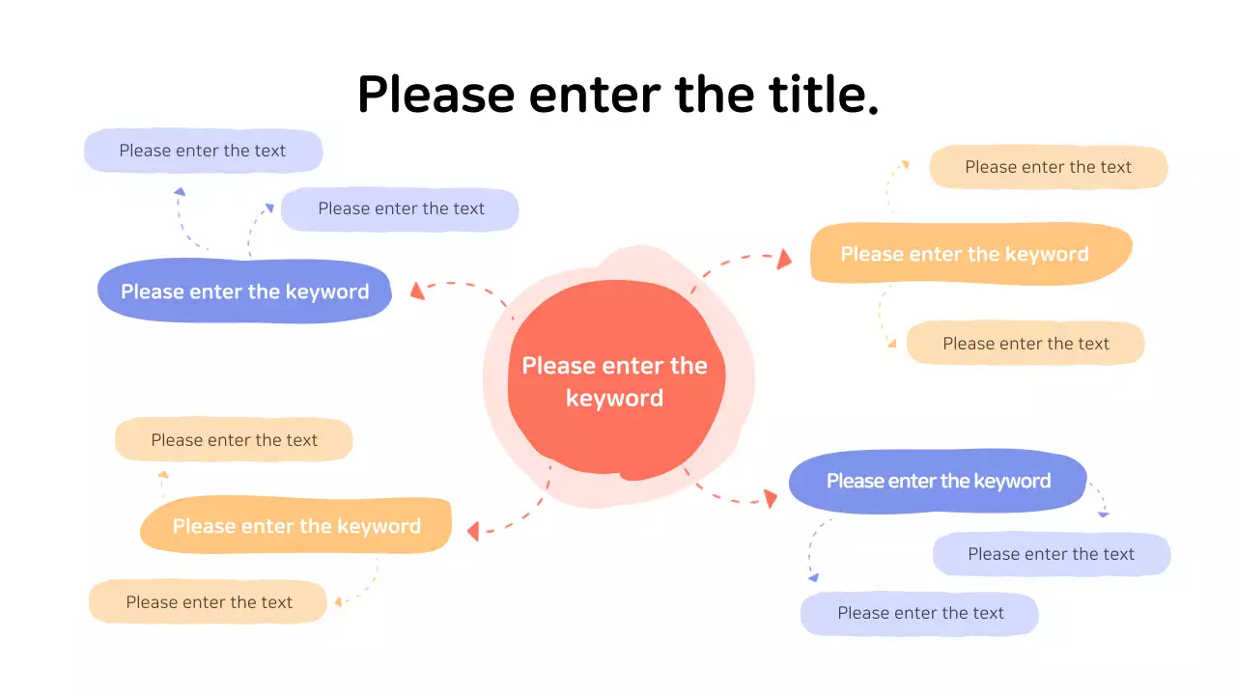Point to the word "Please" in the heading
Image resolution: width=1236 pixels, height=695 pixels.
[435, 95]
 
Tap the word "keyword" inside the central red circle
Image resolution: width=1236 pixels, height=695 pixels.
[614, 398]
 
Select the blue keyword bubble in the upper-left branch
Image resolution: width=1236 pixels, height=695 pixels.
[244, 292]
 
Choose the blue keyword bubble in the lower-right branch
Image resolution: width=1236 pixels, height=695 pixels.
[938, 481]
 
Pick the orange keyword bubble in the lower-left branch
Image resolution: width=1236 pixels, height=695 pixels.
[296, 526]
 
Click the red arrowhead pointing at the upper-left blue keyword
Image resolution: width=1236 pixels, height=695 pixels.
[417, 291]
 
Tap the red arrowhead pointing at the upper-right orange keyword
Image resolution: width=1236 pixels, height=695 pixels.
[784, 258]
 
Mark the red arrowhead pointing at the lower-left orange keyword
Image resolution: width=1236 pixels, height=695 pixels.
[473, 531]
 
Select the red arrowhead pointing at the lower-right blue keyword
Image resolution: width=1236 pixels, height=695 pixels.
[770, 498]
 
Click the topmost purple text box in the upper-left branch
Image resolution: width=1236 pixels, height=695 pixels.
[203, 151]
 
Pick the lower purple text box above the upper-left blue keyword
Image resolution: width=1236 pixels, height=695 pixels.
[400, 208]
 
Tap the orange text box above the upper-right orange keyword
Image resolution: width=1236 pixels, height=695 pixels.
[1048, 167]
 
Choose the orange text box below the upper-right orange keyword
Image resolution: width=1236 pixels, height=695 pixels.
[1025, 344]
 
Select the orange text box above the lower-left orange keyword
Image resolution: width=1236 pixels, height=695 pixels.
[234, 440]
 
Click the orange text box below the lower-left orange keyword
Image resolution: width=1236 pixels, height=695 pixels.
[209, 602]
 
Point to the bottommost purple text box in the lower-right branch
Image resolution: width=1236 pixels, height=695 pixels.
[919, 613]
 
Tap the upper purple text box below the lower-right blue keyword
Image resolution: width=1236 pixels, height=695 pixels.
[1051, 554]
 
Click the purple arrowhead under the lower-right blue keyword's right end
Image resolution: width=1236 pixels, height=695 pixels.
[1104, 514]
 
